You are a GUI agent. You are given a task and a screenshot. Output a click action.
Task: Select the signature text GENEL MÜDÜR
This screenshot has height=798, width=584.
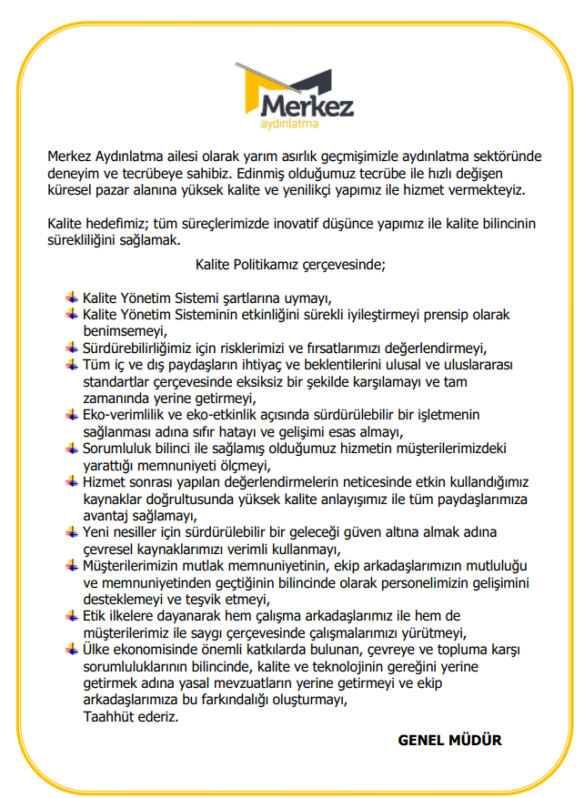click(x=449, y=740)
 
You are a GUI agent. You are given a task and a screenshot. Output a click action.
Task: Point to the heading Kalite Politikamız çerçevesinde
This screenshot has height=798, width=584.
click(x=290, y=266)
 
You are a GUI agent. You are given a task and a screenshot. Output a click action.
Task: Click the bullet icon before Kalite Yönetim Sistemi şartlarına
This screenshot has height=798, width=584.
click(x=72, y=298)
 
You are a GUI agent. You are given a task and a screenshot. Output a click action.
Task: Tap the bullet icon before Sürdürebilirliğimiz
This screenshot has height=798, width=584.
click(x=72, y=348)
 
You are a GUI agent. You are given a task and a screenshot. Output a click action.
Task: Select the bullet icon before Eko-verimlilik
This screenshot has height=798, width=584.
click(x=72, y=415)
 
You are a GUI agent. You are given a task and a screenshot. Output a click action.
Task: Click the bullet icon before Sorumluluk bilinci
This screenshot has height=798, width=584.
click(x=72, y=448)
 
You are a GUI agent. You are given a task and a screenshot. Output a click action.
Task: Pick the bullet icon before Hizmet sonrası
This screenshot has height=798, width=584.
click(x=72, y=481)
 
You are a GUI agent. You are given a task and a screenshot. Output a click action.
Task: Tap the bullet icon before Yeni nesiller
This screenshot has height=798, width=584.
click(x=72, y=531)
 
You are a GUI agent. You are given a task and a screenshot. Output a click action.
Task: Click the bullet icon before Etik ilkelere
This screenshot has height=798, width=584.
click(x=72, y=616)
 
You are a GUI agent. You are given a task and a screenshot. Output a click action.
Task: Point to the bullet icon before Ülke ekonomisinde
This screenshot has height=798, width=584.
click(x=72, y=650)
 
